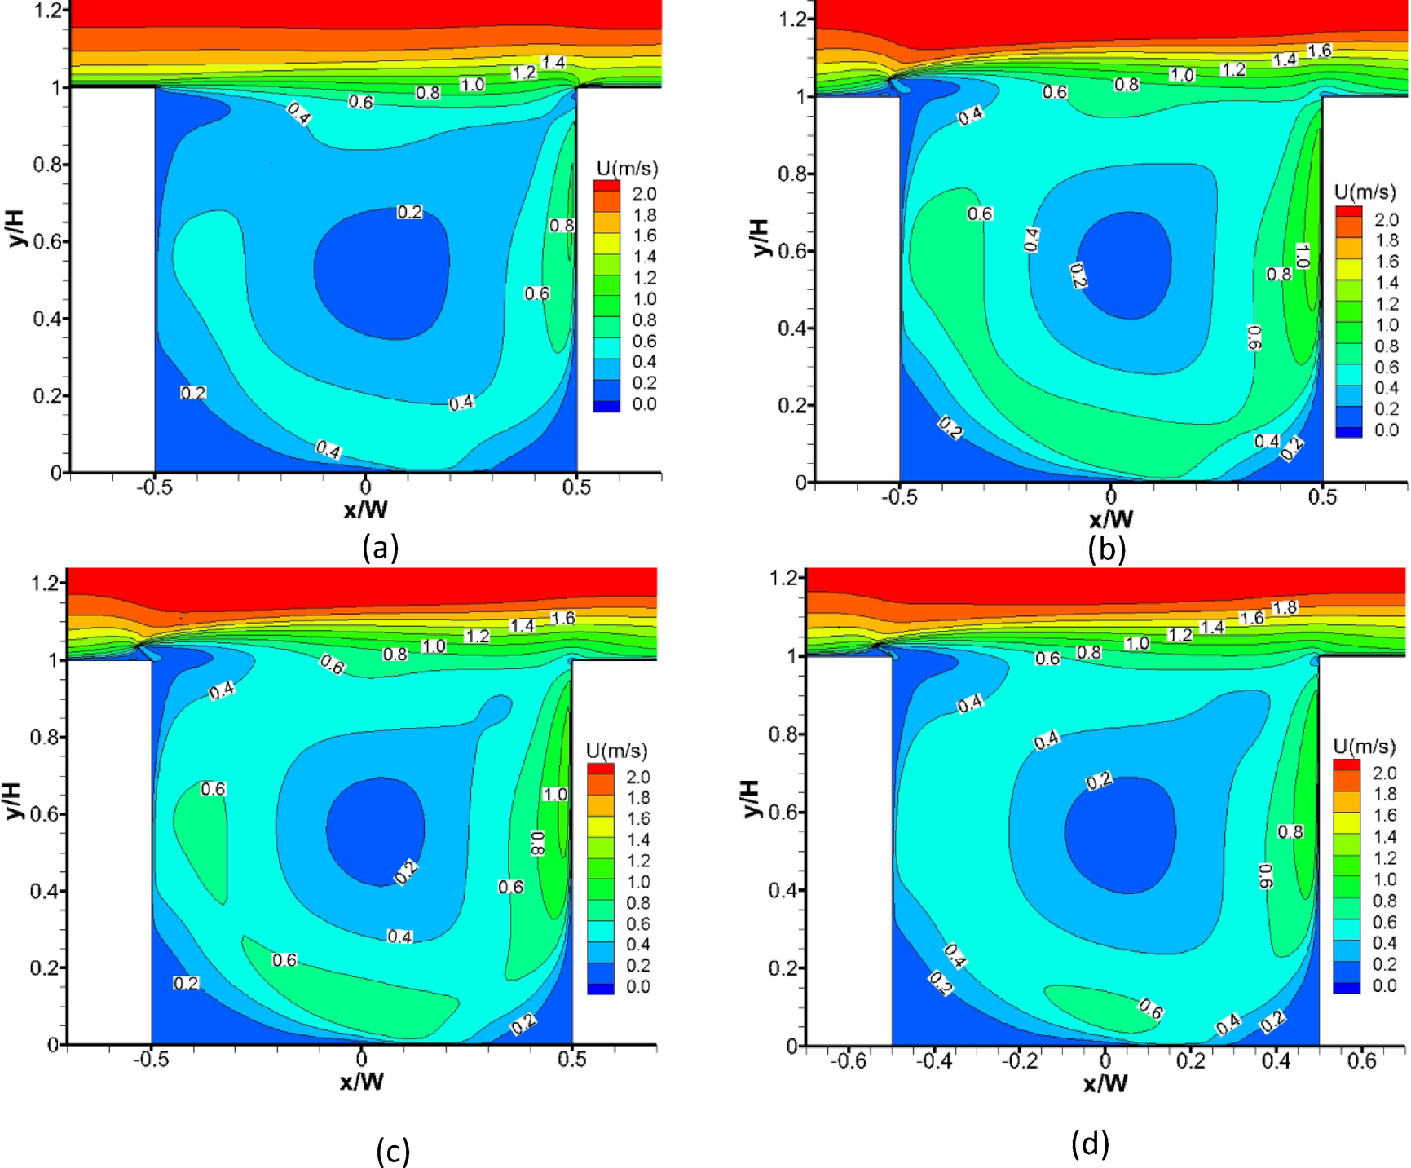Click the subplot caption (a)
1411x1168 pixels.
[x=380, y=547]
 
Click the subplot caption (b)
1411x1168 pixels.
[x=1106, y=550]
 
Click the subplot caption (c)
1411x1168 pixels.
[x=392, y=1151]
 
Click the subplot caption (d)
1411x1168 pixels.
[x=1089, y=1144]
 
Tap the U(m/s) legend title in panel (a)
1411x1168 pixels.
[x=627, y=169]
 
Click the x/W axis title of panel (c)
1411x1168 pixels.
[x=363, y=1082]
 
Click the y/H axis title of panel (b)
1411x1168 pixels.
[x=758, y=237]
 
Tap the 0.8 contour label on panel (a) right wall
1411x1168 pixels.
[x=561, y=226]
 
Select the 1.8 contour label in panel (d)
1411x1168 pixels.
[x=1285, y=607]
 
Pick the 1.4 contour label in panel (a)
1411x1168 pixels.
[x=553, y=63]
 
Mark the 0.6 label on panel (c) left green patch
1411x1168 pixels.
[x=213, y=789]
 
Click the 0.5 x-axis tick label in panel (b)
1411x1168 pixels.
[x=1322, y=496]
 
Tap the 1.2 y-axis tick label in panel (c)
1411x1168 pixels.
[x=44, y=583]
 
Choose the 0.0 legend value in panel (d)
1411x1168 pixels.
[x=1384, y=985]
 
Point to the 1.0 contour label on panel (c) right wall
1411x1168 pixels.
[x=554, y=794]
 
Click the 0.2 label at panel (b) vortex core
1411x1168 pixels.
[x=1078, y=275]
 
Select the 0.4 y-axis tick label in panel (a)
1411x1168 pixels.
[x=46, y=318]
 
